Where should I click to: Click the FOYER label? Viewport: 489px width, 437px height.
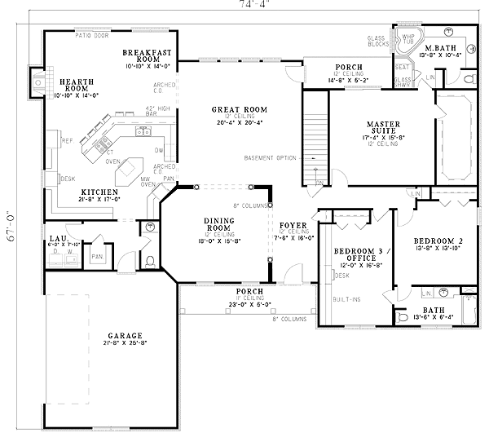[293, 224]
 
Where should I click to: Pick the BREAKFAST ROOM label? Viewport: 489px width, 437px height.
[146, 55]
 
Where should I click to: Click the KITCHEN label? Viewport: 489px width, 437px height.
[75, 192]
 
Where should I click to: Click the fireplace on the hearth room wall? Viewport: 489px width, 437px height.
[36, 81]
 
